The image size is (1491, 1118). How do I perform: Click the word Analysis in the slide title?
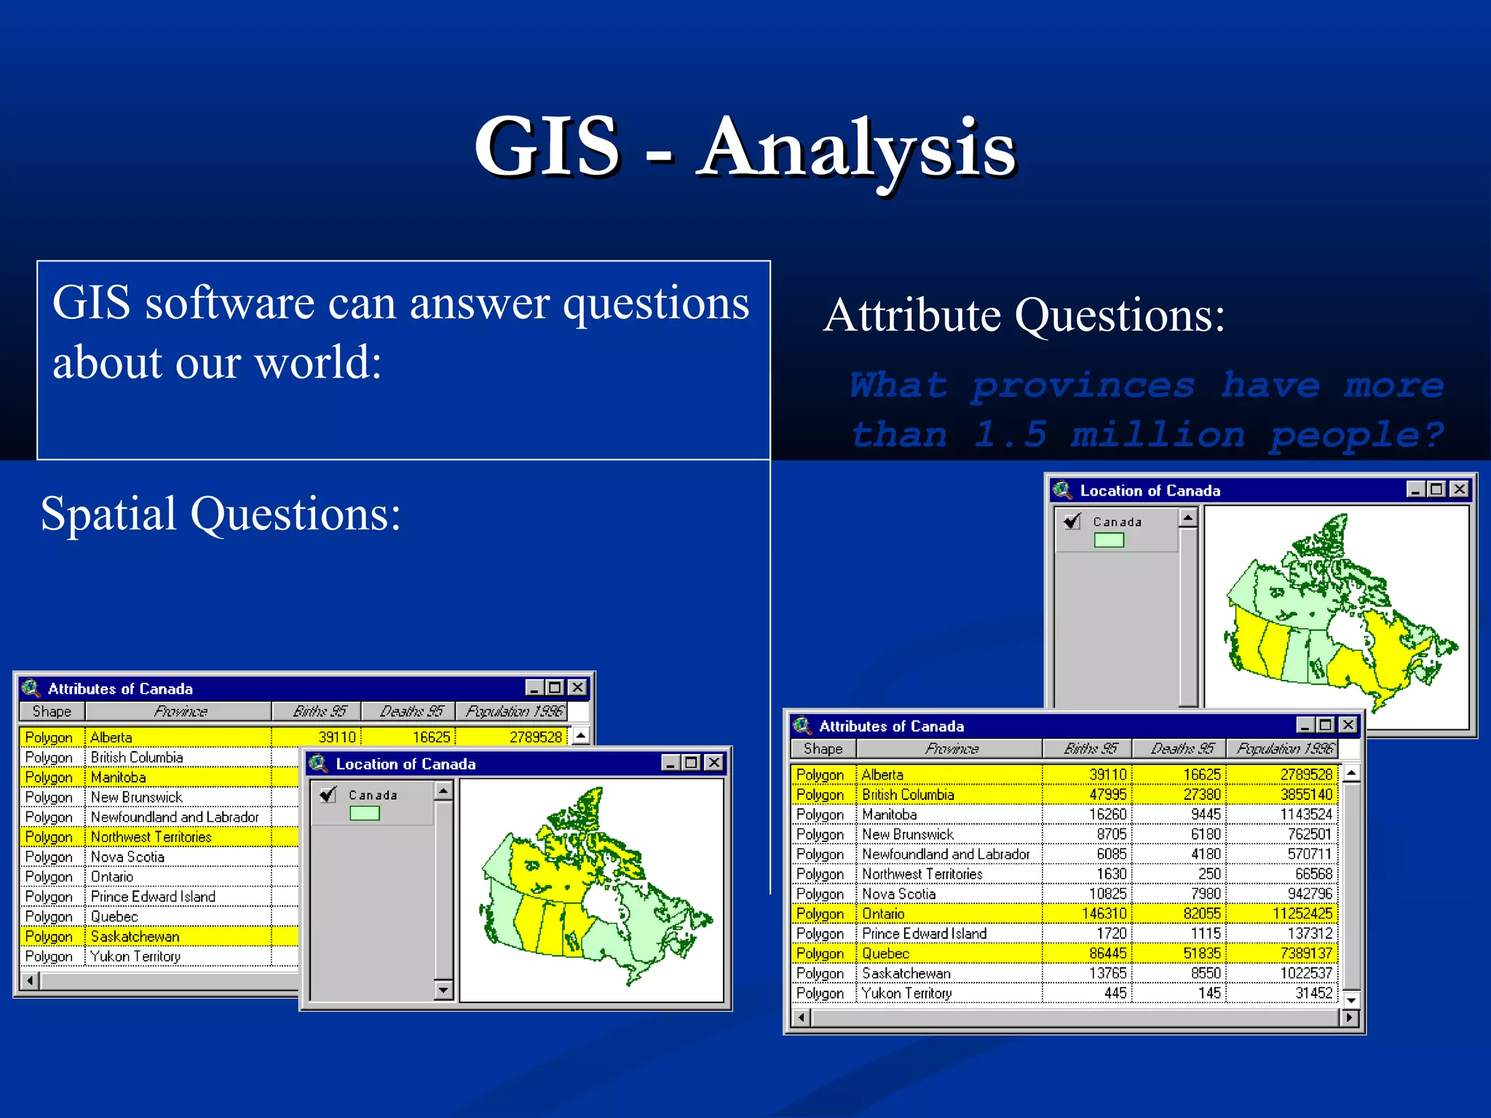(856, 148)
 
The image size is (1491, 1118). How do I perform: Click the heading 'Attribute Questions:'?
(1024, 316)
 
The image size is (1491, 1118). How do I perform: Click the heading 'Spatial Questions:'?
(221, 514)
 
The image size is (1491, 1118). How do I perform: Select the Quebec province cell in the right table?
(885, 954)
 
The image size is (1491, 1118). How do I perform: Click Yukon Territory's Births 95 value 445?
(1115, 993)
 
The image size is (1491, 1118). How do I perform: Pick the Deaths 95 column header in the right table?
(1182, 748)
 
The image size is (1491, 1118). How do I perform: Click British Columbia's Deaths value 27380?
(1201, 795)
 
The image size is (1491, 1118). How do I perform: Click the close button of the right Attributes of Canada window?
(1348, 725)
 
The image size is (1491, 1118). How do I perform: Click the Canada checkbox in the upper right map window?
(1072, 521)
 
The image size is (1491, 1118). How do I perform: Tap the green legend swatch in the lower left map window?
(365, 813)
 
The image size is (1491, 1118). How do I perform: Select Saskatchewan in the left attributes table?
(135, 937)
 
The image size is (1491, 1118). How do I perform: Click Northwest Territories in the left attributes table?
(151, 837)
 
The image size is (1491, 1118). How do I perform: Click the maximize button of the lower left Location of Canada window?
(692, 763)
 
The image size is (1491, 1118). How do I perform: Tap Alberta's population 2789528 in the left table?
(535, 737)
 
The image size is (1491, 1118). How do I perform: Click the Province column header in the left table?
(180, 711)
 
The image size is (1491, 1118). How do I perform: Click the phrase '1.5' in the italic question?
(1010, 435)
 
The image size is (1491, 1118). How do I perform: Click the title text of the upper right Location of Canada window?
(1150, 491)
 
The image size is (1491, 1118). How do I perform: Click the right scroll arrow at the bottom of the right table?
(1350, 1018)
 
